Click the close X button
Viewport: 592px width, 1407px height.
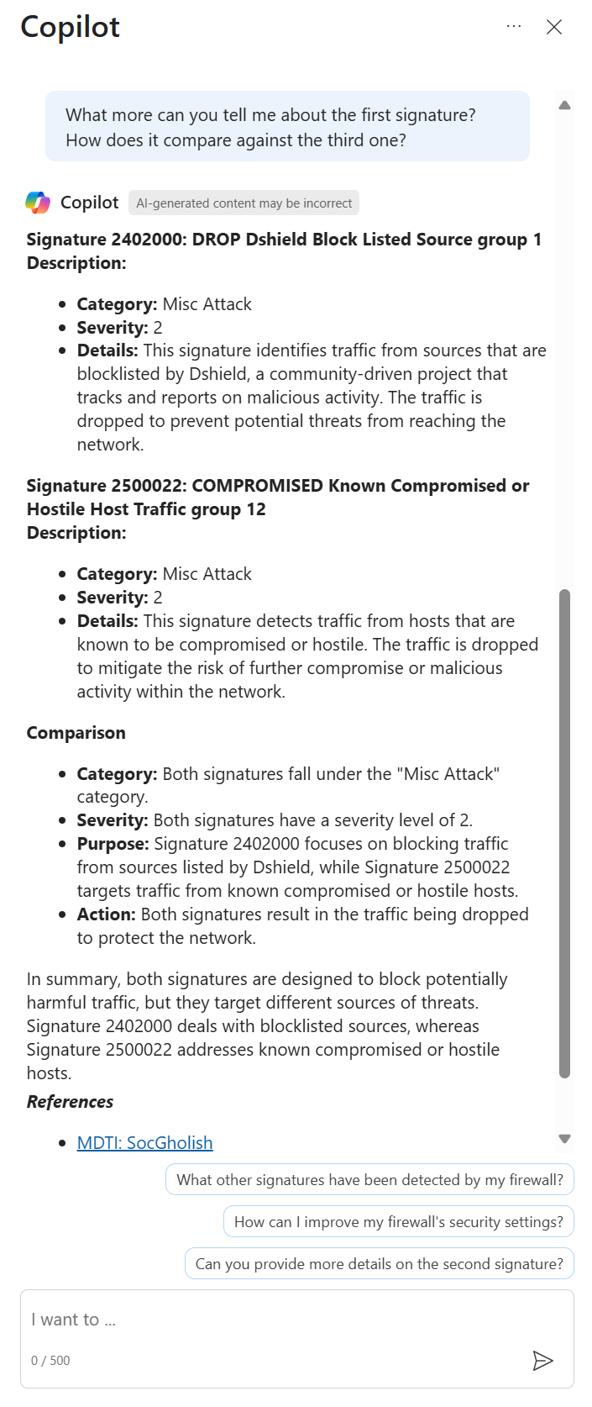pyautogui.click(x=554, y=27)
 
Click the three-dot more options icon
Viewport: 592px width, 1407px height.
pyautogui.click(x=514, y=27)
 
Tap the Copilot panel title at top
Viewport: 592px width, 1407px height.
pyautogui.click(x=70, y=27)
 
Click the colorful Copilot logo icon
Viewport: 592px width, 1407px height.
pyautogui.click(x=38, y=203)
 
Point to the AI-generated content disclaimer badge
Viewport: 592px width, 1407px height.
pyautogui.click(x=244, y=203)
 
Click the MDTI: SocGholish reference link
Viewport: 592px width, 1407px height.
pyautogui.click(x=144, y=1142)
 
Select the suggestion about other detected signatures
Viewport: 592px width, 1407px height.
pyautogui.click(x=369, y=1179)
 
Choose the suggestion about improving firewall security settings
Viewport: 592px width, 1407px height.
pyautogui.click(x=398, y=1221)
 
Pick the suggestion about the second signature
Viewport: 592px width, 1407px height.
pyautogui.click(x=379, y=1263)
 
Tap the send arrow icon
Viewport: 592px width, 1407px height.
pyautogui.click(x=543, y=1360)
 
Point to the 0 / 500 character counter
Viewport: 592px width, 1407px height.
pyautogui.click(x=50, y=1360)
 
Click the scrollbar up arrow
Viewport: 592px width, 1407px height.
pyautogui.click(x=564, y=105)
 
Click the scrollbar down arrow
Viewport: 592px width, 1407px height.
pyautogui.click(x=564, y=1139)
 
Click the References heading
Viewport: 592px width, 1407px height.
pyautogui.click(x=70, y=1102)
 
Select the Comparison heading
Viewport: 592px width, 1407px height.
pyautogui.click(x=76, y=733)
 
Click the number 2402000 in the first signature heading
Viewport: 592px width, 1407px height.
pyautogui.click(x=147, y=240)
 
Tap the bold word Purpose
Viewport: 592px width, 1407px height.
pyautogui.click(x=113, y=844)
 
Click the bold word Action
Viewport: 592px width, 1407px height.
pyautogui.click(x=106, y=914)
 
